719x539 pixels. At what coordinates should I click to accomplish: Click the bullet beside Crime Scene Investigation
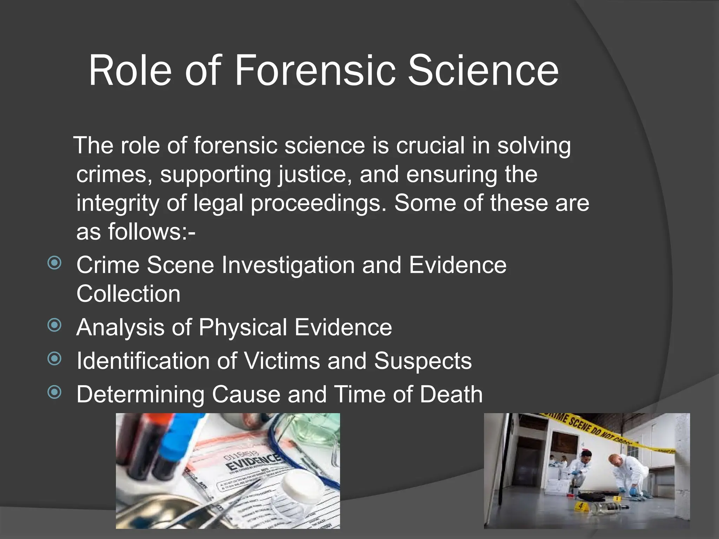coord(54,263)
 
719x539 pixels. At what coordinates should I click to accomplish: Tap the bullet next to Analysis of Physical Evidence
coord(54,325)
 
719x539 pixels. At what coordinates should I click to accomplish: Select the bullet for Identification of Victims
coord(54,359)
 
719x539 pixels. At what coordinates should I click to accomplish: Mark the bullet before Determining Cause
coord(54,392)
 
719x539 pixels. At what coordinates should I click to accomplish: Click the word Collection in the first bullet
coord(128,294)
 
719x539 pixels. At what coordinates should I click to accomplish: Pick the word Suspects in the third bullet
coord(423,361)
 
